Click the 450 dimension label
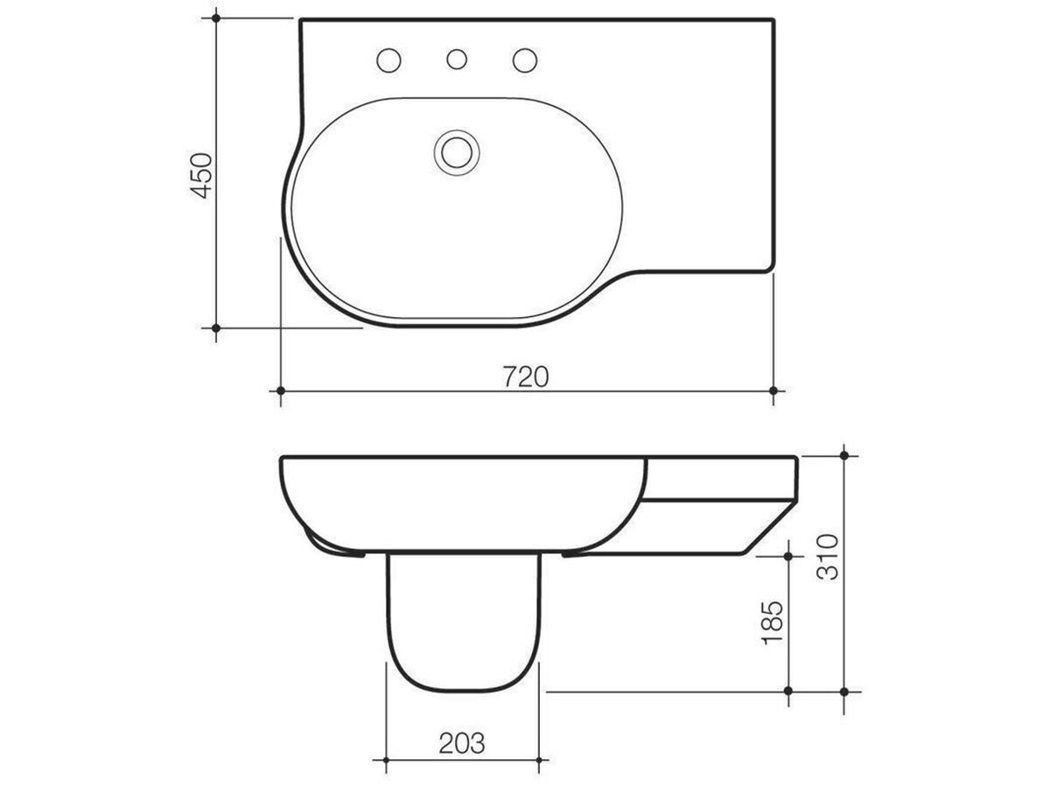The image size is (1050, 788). (x=202, y=175)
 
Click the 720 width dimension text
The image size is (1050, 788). (x=525, y=377)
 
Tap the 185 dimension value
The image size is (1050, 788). (x=772, y=623)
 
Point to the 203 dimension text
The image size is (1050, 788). (x=461, y=744)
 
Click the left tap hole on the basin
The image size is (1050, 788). (x=388, y=60)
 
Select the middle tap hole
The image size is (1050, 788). (x=456, y=60)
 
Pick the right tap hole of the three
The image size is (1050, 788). (x=524, y=60)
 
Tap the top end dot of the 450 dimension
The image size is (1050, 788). (x=216, y=18)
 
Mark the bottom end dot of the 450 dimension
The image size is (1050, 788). (x=216, y=327)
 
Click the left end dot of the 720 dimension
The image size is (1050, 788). (x=280, y=390)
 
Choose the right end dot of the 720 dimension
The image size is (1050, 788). (x=773, y=390)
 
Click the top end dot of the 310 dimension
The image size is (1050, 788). (x=844, y=455)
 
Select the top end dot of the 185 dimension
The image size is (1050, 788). (x=788, y=555)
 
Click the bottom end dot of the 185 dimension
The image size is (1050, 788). (x=788, y=691)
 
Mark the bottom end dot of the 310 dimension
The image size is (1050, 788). (x=844, y=691)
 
